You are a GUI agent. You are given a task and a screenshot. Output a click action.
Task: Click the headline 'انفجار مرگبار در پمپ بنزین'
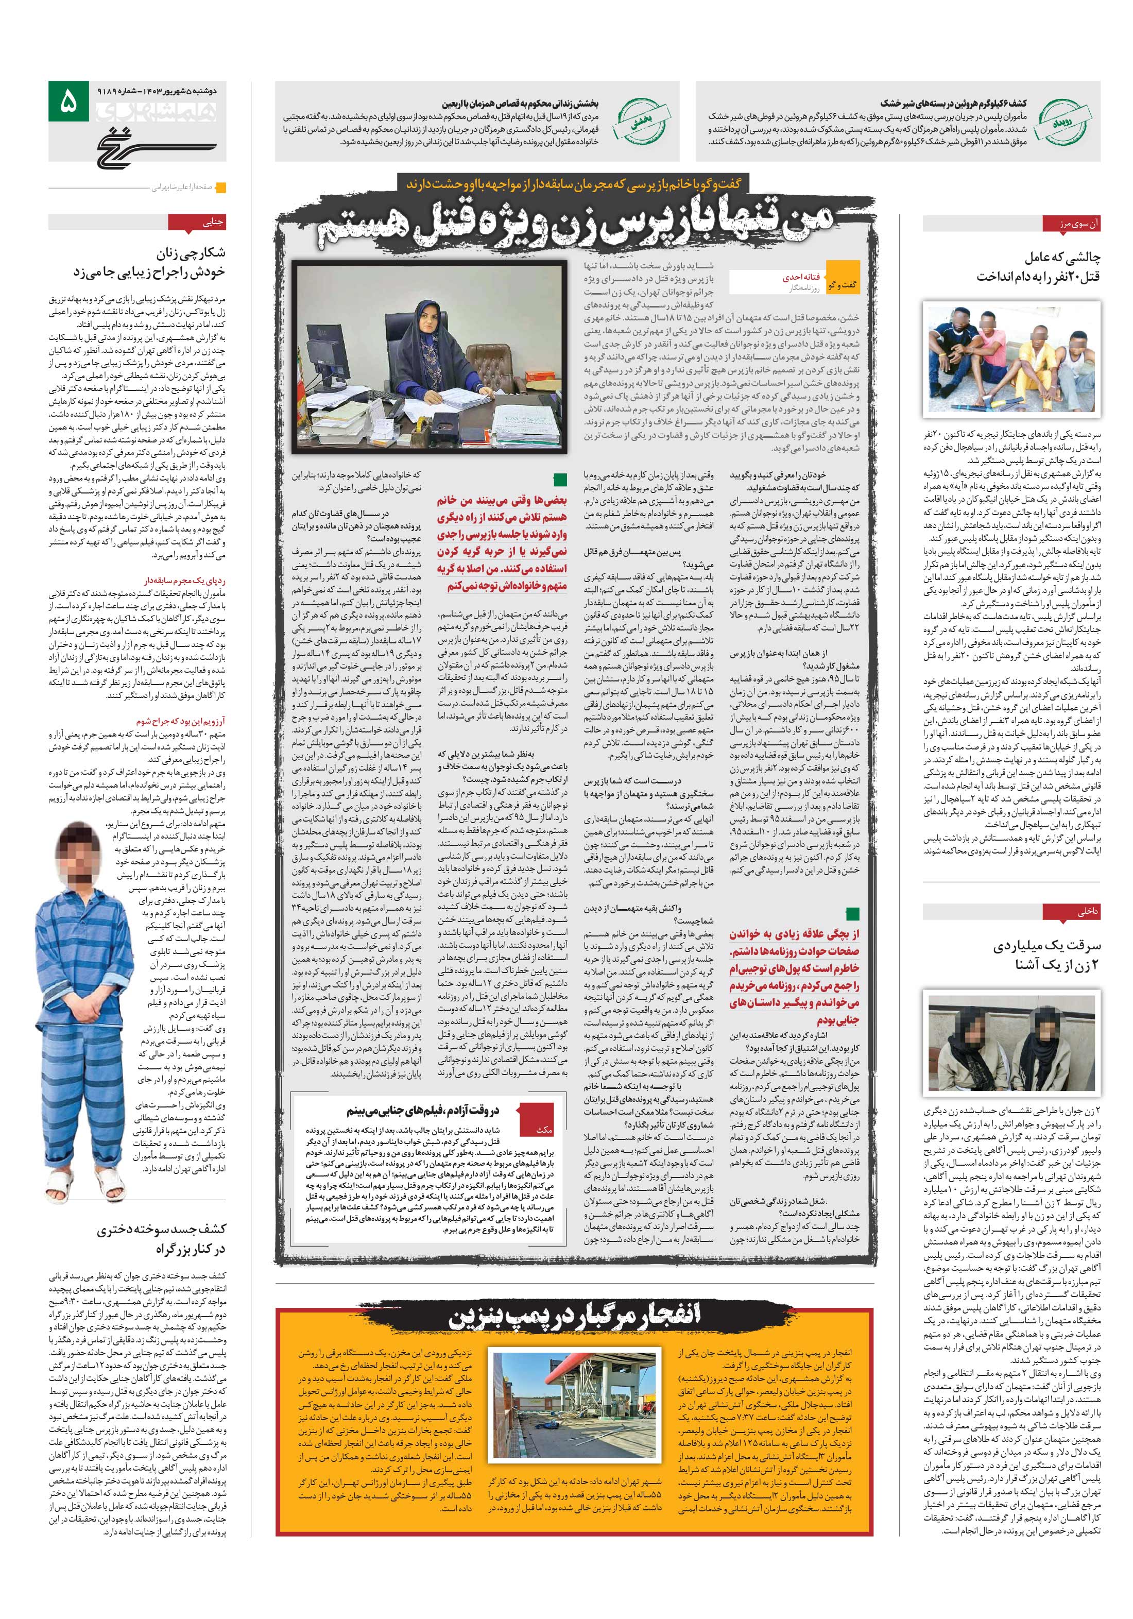pos(575,1315)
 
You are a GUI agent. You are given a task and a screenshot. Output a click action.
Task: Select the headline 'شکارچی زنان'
pos(191,252)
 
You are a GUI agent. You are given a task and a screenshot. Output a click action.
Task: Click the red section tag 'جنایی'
pos(212,223)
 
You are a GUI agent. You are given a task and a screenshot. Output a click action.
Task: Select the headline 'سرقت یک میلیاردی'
pos(1047,946)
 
